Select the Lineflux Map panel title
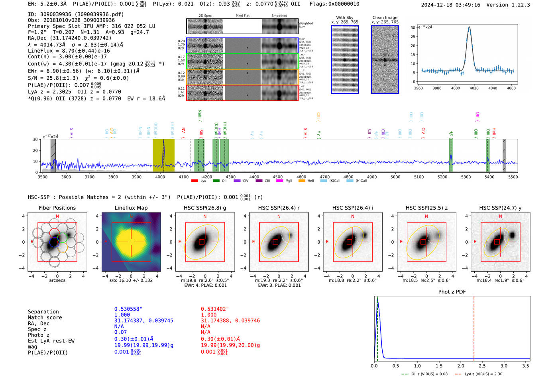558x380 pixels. tap(131, 208)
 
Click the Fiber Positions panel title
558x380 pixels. tap(57, 208)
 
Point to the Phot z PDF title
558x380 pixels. tap(452, 291)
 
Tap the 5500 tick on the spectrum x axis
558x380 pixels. tap(513, 177)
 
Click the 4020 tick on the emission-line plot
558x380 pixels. tap(474, 88)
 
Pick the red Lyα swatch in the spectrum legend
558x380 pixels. tap(195, 181)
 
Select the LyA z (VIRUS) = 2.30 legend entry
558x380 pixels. tap(479, 374)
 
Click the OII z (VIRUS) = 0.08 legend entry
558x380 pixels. tap(425, 374)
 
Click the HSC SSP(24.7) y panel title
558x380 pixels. tap(500, 208)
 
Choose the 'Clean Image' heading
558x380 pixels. tap(385, 18)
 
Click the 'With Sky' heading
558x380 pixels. tap(345, 18)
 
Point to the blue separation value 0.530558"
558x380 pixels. tap(128, 309)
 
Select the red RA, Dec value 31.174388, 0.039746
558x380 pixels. tap(230, 321)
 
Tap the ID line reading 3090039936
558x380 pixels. tap(76, 14)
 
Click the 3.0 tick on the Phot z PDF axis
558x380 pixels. tap(504, 366)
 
